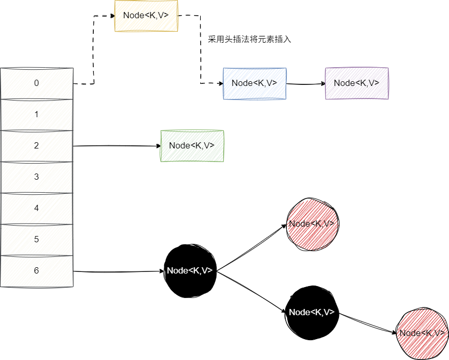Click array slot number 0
pos(37,83)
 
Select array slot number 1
pos(37,115)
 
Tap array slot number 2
pos(37,146)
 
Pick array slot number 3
pos(37,177)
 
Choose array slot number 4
pos(37,208)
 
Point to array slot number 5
pos(37,240)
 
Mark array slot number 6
pos(37,271)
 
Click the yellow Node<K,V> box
pos(146,16)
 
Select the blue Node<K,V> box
pos(254,83)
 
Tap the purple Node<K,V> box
pos(356,83)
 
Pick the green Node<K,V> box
pos(192,146)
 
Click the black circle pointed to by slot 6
pos(190,271)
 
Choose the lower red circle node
pos(421,333)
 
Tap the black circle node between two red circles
pos(311,313)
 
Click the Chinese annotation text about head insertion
pos(249,40)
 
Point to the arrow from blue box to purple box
pos(305,83)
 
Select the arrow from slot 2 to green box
pos(117,146)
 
